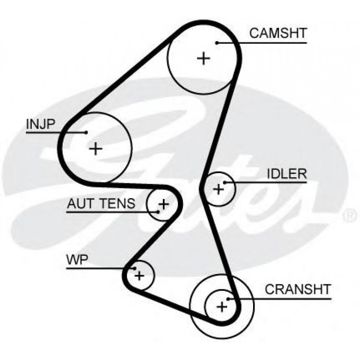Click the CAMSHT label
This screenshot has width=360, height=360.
(x=278, y=34)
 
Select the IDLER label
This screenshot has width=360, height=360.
(x=287, y=174)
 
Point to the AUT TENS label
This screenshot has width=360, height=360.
(x=101, y=204)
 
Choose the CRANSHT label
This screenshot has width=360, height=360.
(x=297, y=289)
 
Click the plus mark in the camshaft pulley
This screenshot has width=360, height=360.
(x=203, y=58)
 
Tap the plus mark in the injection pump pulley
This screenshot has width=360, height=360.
(x=96, y=148)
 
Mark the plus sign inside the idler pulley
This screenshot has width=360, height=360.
(x=218, y=189)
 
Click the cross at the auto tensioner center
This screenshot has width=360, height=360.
(x=164, y=204)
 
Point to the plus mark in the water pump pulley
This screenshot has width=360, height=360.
(x=140, y=275)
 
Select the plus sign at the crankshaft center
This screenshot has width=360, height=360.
(x=221, y=306)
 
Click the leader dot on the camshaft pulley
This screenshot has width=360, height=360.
(x=216, y=43)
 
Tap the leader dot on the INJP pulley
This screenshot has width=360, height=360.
(x=86, y=132)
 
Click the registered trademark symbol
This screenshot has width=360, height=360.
(x=349, y=216)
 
